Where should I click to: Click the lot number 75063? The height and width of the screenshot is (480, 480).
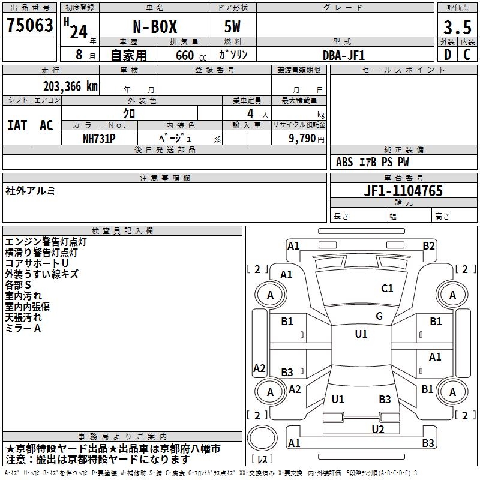(x=29, y=26)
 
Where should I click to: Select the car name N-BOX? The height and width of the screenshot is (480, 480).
(x=154, y=27)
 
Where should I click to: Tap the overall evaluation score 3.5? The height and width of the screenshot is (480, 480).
(x=457, y=27)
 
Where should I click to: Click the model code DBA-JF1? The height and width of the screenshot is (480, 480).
(x=344, y=55)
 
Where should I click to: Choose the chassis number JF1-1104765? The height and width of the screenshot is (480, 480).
(x=403, y=191)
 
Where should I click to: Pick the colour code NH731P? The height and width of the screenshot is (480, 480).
(x=100, y=137)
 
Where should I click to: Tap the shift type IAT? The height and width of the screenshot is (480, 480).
(x=17, y=125)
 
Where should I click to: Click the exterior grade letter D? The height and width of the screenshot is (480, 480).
(x=446, y=55)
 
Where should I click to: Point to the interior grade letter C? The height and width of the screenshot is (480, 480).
(x=467, y=55)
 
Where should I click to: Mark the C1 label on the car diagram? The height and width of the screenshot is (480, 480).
(x=387, y=289)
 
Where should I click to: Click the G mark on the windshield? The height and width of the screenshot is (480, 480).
(x=379, y=316)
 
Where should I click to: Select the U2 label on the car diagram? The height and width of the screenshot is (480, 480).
(x=377, y=429)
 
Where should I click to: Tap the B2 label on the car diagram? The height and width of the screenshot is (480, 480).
(x=428, y=245)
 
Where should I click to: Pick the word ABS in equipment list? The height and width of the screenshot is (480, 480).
(x=344, y=162)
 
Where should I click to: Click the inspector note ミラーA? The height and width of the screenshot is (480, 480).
(x=23, y=328)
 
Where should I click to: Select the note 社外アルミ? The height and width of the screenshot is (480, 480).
(x=30, y=191)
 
